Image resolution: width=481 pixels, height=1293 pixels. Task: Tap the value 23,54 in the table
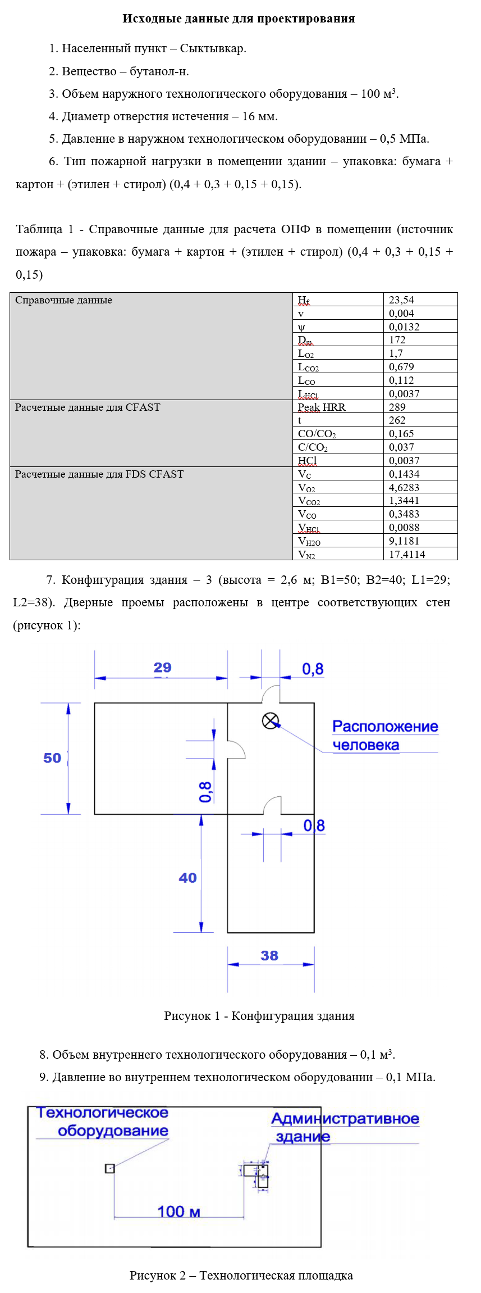click(401, 300)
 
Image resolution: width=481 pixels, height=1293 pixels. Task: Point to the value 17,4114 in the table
click(407, 555)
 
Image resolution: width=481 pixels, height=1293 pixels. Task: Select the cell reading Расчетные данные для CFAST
click(88, 407)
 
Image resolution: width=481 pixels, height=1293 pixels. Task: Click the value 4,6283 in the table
click(404, 488)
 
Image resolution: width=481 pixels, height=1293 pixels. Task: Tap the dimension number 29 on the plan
click(162, 668)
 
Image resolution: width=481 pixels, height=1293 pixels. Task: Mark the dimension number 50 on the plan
click(52, 758)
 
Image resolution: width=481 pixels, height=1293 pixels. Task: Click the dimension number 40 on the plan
click(187, 878)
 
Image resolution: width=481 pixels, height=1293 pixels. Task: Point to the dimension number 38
click(269, 955)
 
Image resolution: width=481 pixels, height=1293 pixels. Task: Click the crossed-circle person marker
click(271, 721)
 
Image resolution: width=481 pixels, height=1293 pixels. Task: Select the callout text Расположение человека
click(384, 736)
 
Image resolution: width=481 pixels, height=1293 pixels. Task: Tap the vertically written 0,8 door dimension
click(206, 792)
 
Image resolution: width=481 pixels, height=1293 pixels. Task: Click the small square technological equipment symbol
click(110, 1168)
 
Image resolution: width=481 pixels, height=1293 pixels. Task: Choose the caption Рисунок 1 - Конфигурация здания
click(259, 1015)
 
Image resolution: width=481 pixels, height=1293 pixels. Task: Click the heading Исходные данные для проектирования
click(239, 19)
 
